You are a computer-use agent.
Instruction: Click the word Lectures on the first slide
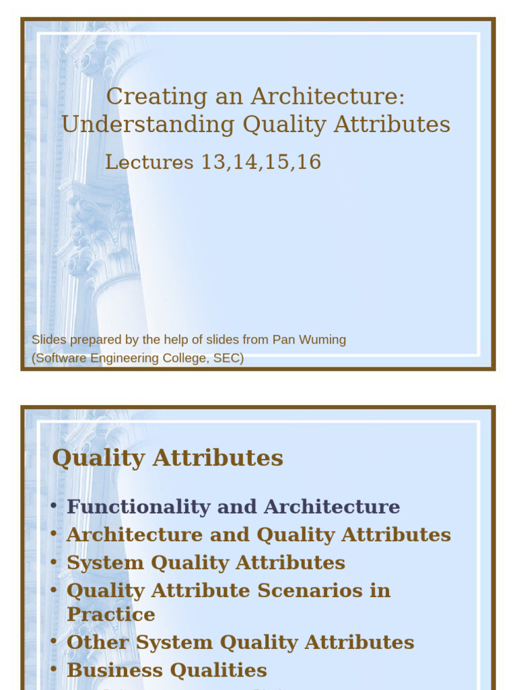(x=149, y=162)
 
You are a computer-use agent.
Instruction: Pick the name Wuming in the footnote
(x=326, y=340)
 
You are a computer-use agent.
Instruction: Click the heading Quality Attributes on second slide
(x=168, y=458)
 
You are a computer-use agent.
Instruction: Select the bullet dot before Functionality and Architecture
(x=54, y=506)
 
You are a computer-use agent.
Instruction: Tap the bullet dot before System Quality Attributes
(x=54, y=562)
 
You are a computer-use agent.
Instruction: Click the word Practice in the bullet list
(x=111, y=615)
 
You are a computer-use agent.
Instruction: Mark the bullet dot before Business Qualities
(x=54, y=670)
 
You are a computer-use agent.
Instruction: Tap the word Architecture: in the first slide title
(x=328, y=96)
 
